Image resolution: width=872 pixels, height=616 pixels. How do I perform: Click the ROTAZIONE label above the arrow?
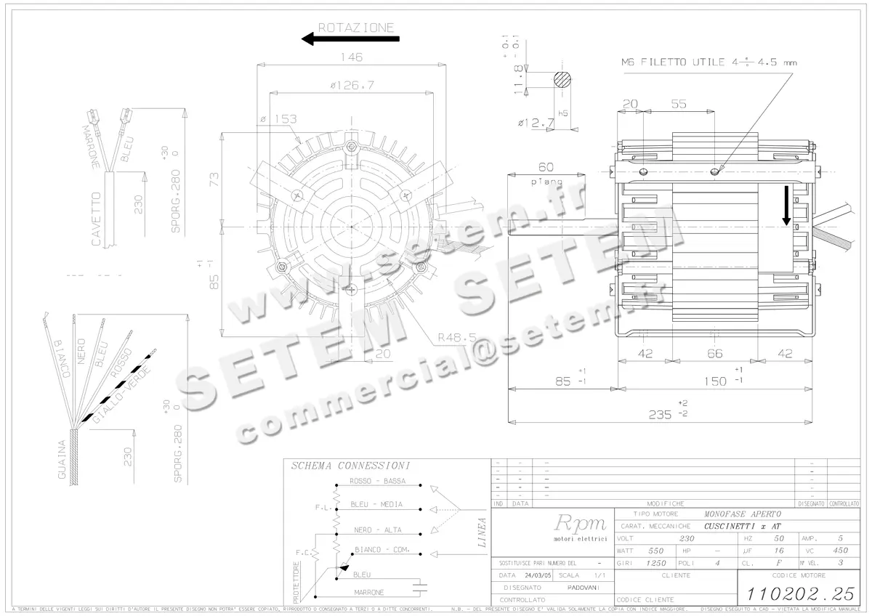(356, 28)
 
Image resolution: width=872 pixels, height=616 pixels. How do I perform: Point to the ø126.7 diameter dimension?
(351, 85)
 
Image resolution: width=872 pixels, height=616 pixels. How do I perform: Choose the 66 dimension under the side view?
(715, 353)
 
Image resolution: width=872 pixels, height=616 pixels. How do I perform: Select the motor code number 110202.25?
(796, 593)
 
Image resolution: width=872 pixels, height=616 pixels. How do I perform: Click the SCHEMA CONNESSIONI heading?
(350, 466)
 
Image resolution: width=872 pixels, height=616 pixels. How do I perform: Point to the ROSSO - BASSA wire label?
(376, 481)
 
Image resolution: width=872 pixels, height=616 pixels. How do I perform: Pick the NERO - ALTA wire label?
(375, 530)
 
